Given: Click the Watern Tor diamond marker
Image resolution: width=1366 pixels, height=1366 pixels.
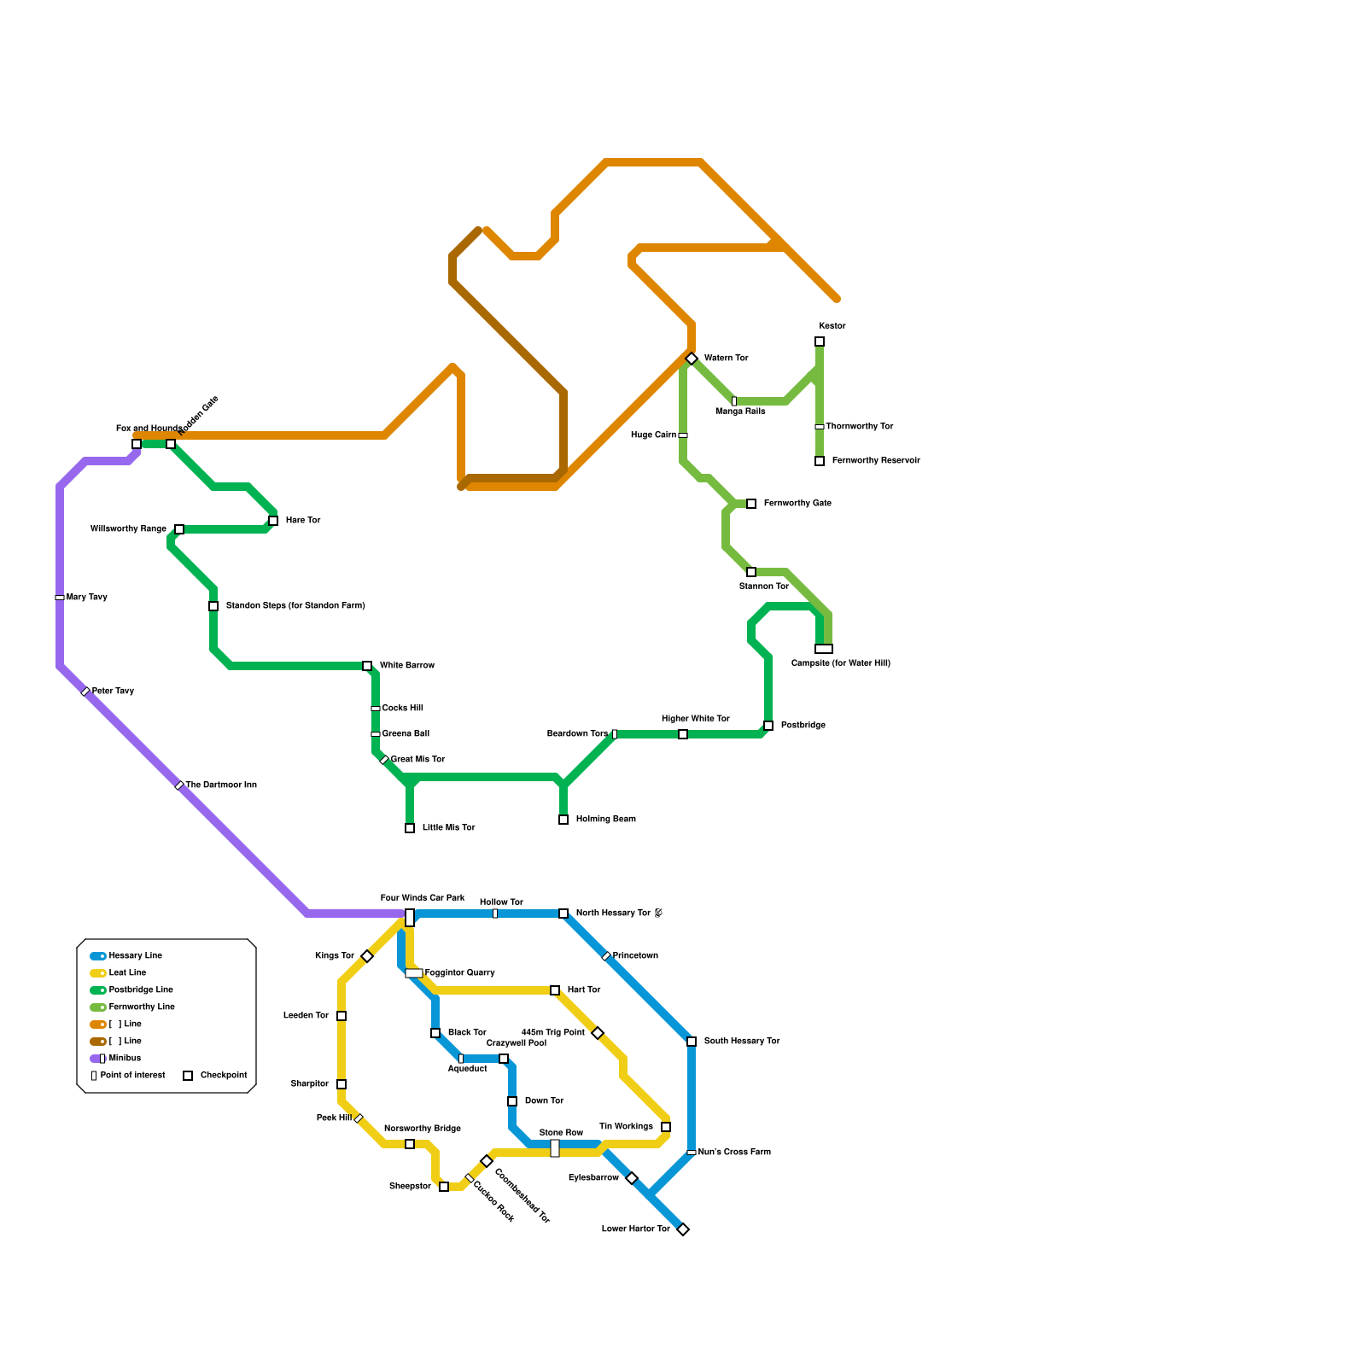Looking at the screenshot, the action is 692,359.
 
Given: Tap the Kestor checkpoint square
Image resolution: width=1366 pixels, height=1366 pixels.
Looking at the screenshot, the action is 820,341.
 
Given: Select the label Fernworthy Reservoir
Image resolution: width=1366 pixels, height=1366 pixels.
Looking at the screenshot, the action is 875,461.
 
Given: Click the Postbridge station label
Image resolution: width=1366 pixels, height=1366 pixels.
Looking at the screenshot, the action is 803,726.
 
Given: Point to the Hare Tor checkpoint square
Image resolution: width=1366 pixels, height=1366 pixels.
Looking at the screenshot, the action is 273,521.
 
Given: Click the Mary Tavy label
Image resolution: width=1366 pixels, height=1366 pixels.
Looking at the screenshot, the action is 86,598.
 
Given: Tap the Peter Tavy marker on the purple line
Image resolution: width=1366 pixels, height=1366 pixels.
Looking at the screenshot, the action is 85,692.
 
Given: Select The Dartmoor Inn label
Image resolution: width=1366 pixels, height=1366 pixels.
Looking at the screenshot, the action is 220,785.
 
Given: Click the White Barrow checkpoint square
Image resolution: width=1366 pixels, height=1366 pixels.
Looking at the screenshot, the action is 367,666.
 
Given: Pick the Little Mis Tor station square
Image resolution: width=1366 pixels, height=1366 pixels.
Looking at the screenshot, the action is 410,828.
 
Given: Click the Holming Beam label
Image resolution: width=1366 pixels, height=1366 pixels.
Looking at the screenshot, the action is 605,820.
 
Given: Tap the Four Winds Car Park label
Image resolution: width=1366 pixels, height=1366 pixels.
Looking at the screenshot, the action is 423,898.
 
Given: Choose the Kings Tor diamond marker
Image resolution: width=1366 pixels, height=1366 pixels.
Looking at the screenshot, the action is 367,956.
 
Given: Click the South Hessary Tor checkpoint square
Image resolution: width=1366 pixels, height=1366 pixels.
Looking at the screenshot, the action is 692,1042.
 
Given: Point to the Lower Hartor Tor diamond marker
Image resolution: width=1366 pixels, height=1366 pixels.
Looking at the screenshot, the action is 683,1229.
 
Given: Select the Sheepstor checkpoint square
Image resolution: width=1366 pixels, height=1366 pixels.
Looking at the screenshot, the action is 444,1187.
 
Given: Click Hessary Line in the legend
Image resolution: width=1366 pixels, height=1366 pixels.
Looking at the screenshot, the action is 135,956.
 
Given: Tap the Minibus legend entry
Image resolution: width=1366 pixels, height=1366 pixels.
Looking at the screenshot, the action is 125,1059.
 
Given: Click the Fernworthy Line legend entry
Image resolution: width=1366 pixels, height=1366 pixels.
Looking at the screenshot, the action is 141,1007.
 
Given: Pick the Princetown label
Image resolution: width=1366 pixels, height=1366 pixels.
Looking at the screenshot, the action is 635,956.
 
